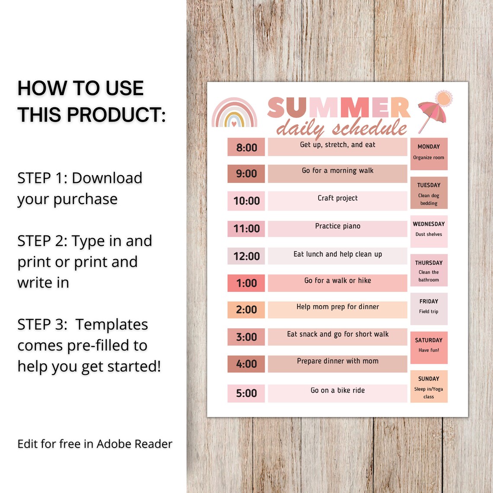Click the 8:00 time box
pyautogui.click(x=246, y=147)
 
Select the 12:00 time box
pyautogui.click(x=246, y=256)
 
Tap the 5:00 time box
pyautogui.click(x=246, y=393)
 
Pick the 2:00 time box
pyautogui.click(x=246, y=310)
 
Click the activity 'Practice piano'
pyautogui.click(x=337, y=226)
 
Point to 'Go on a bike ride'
pyautogui.click(x=337, y=391)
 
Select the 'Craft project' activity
pyautogui.click(x=337, y=198)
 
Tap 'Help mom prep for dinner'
pyautogui.click(x=337, y=307)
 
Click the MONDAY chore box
pyautogui.click(x=429, y=154)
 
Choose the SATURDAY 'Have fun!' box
pyautogui.click(x=429, y=347)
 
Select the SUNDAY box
pyautogui.click(x=429, y=386)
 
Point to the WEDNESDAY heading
pyautogui.click(x=429, y=224)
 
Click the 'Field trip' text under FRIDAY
pyautogui.click(x=429, y=311)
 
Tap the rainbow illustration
pyautogui.click(x=234, y=113)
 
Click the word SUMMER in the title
pyautogui.click(x=338, y=108)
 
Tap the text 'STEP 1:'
pyautogui.click(x=42, y=178)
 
